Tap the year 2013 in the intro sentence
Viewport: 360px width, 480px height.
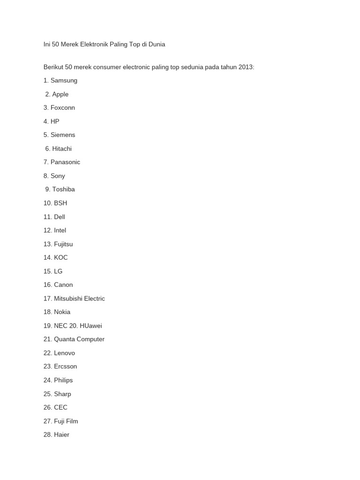pyautogui.click(x=245, y=67)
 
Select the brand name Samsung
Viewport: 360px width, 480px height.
pyautogui.click(x=64, y=81)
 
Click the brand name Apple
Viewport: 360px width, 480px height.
pyautogui.click(x=60, y=94)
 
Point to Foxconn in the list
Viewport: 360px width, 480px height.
pyautogui.click(x=63, y=108)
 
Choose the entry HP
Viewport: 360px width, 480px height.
pyautogui.click(x=55, y=121)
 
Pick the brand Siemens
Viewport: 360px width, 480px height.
pyautogui.click(x=63, y=135)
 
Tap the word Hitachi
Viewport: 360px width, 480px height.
pyautogui.click(x=62, y=149)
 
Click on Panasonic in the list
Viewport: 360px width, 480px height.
pyautogui.click(x=65, y=162)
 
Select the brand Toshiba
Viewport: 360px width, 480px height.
pyautogui.click(x=63, y=189)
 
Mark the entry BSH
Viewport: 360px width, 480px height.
pyautogui.click(x=60, y=203)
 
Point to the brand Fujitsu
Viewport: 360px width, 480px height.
pyautogui.click(x=63, y=244)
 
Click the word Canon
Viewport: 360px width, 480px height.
pyautogui.click(x=63, y=285)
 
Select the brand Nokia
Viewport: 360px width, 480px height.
pyautogui.click(x=62, y=312)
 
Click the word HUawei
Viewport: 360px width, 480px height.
pyautogui.click(x=91, y=325)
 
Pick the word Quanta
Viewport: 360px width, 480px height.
pyautogui.click(x=64, y=339)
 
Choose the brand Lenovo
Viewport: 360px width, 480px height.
pyautogui.click(x=64, y=353)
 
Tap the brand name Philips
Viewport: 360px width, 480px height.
pyautogui.click(x=63, y=380)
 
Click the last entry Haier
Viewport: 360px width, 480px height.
pyautogui.click(x=61, y=435)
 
